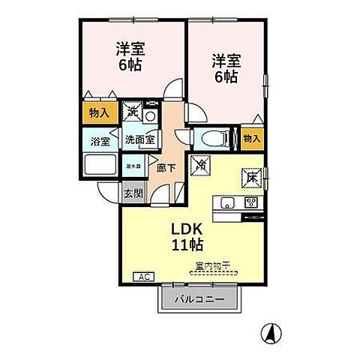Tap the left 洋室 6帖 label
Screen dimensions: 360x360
coord(130,56)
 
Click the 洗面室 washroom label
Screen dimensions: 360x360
coord(139,139)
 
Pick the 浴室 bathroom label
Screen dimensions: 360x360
coord(100,139)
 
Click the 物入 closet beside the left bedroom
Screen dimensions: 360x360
coord(97,114)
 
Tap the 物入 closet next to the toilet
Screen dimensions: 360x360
coord(252,138)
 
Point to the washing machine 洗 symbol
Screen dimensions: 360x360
coord(133,112)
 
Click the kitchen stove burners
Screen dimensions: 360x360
coord(251,202)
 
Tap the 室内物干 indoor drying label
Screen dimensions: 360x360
coord(211,265)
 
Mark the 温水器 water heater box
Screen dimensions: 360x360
coord(133,167)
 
